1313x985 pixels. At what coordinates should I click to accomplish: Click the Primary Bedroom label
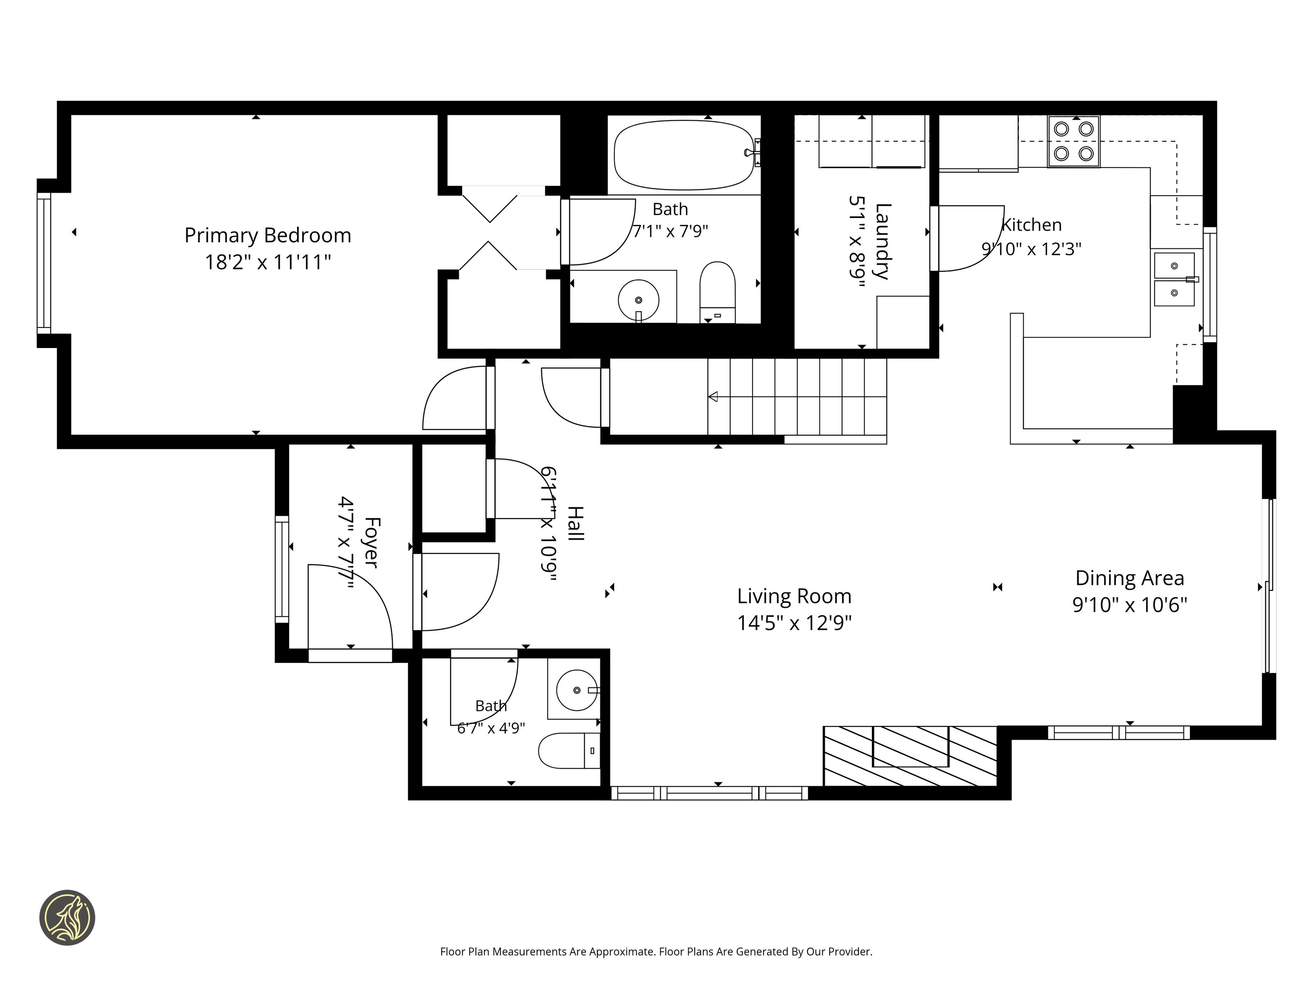coord(268,235)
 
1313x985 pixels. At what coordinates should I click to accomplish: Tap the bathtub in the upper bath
coord(684,155)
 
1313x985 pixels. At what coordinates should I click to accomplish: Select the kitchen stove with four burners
coord(1073,141)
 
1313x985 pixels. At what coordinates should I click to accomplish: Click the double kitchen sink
coord(1174,279)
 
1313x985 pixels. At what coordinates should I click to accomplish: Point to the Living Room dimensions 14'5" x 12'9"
coord(794,623)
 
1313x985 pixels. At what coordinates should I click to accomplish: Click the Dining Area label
coord(1130,578)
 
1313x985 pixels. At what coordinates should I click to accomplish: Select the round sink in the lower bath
coord(577,690)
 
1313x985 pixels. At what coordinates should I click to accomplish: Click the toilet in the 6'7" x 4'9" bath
coord(569,751)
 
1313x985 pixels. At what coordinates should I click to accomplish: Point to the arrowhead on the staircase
coord(713,396)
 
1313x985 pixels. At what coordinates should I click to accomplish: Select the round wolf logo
coord(67,917)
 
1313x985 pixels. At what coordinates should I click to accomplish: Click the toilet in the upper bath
coord(718,292)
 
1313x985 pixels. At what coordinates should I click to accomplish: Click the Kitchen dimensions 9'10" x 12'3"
coord(1031,249)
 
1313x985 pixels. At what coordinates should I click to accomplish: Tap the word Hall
coord(576,523)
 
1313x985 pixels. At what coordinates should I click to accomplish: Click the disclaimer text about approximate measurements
coord(656,951)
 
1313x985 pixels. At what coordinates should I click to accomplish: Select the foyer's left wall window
coord(282,569)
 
